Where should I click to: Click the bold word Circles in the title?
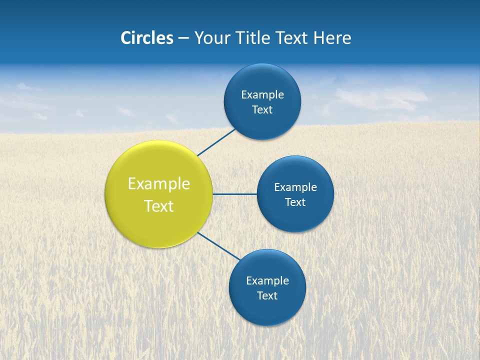pos(146,38)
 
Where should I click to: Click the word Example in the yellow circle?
pos(159,183)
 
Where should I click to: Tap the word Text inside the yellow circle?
pos(159,206)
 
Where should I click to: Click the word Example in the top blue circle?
pos(262,94)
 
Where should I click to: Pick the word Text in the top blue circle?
pos(262,109)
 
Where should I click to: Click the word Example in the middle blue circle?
pos(295,187)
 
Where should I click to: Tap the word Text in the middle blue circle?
pos(295,202)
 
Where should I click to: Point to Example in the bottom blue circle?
pos(267,280)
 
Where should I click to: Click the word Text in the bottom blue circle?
pos(267,295)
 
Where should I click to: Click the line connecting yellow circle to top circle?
pos(216,142)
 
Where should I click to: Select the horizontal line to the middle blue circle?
pos(235,194)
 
